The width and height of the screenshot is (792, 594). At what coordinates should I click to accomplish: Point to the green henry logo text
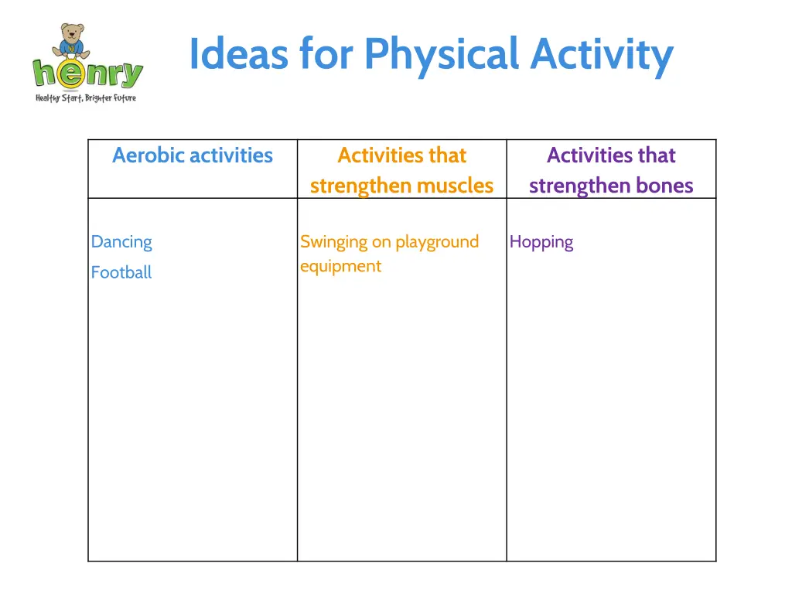point(87,74)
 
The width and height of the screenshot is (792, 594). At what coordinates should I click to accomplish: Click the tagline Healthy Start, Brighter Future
point(86,98)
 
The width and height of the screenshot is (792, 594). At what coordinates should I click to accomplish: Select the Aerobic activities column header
point(193,155)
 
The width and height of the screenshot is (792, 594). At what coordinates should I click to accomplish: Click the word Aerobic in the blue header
point(148,155)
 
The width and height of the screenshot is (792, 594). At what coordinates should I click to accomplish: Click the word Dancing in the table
point(121,242)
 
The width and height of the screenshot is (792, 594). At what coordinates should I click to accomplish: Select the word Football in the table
point(121,272)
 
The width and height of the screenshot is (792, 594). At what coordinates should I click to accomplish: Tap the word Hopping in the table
point(541,242)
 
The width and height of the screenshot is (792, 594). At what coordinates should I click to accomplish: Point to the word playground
point(437,242)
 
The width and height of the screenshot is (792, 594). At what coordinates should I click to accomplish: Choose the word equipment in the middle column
point(340,266)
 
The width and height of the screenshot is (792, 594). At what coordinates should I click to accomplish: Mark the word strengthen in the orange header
point(360,186)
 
